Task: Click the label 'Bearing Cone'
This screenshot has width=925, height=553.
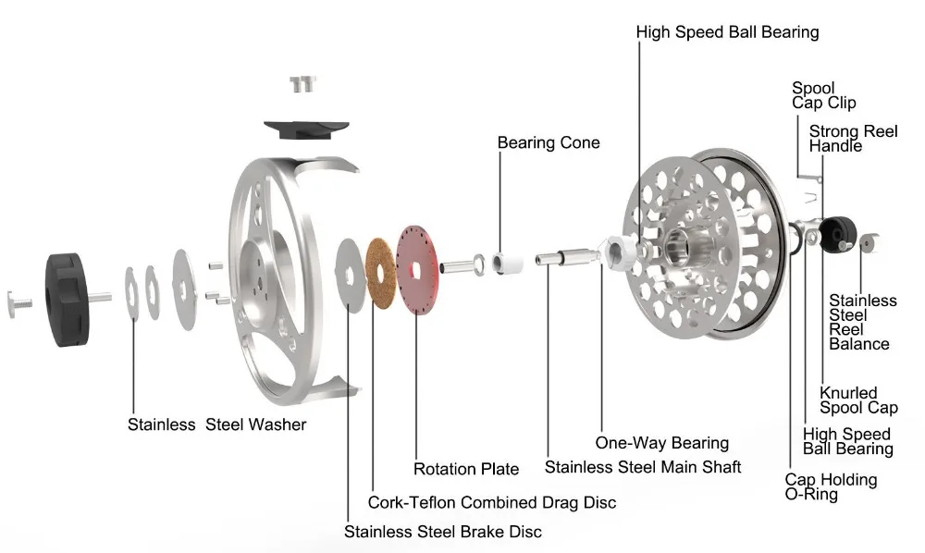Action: pos(549,142)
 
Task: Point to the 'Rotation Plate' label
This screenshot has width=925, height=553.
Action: pos(466,469)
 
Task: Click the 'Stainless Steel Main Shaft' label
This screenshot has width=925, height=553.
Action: pos(643,467)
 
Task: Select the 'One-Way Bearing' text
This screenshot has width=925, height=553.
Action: pos(662,443)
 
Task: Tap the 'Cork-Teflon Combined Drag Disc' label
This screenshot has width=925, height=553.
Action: pos(492,502)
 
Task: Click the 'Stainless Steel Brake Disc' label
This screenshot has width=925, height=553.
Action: pos(443,532)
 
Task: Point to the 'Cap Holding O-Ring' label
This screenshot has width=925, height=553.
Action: pos(831,486)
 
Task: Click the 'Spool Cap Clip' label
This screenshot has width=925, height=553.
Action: pos(823,96)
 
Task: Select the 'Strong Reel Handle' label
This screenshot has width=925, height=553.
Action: pos(854,139)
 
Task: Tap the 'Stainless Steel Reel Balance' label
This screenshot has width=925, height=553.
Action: pos(862,322)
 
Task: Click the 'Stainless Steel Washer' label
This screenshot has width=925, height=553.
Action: pos(216,424)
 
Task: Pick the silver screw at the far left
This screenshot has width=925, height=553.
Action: pos(18,301)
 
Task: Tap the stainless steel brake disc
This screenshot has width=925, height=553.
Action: pos(349,271)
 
